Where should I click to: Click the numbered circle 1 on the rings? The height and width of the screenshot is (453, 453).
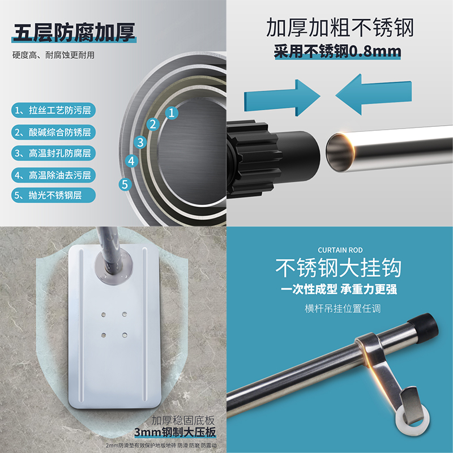coord(170,112)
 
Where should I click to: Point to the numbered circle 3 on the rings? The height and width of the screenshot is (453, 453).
coord(141,142)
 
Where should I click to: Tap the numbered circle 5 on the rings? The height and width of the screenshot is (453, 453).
coord(125,183)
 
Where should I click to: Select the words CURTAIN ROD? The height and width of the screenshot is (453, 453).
coord(340,250)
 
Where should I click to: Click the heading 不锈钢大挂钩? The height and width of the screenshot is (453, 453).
coord(339,268)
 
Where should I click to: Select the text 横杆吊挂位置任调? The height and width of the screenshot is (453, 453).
coord(339,309)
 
